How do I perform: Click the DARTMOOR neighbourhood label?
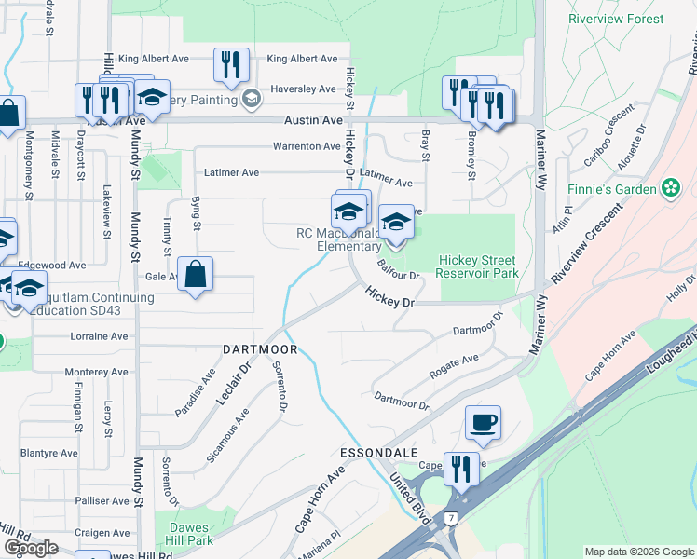pos(260,349)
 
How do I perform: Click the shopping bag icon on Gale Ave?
pos(196,275)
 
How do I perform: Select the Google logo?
pos(31,548)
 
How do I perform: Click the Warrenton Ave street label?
pos(307,146)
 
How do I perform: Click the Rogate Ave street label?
pos(454,365)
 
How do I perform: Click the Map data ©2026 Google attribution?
pos(639,552)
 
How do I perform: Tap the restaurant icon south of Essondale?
pos(460,469)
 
